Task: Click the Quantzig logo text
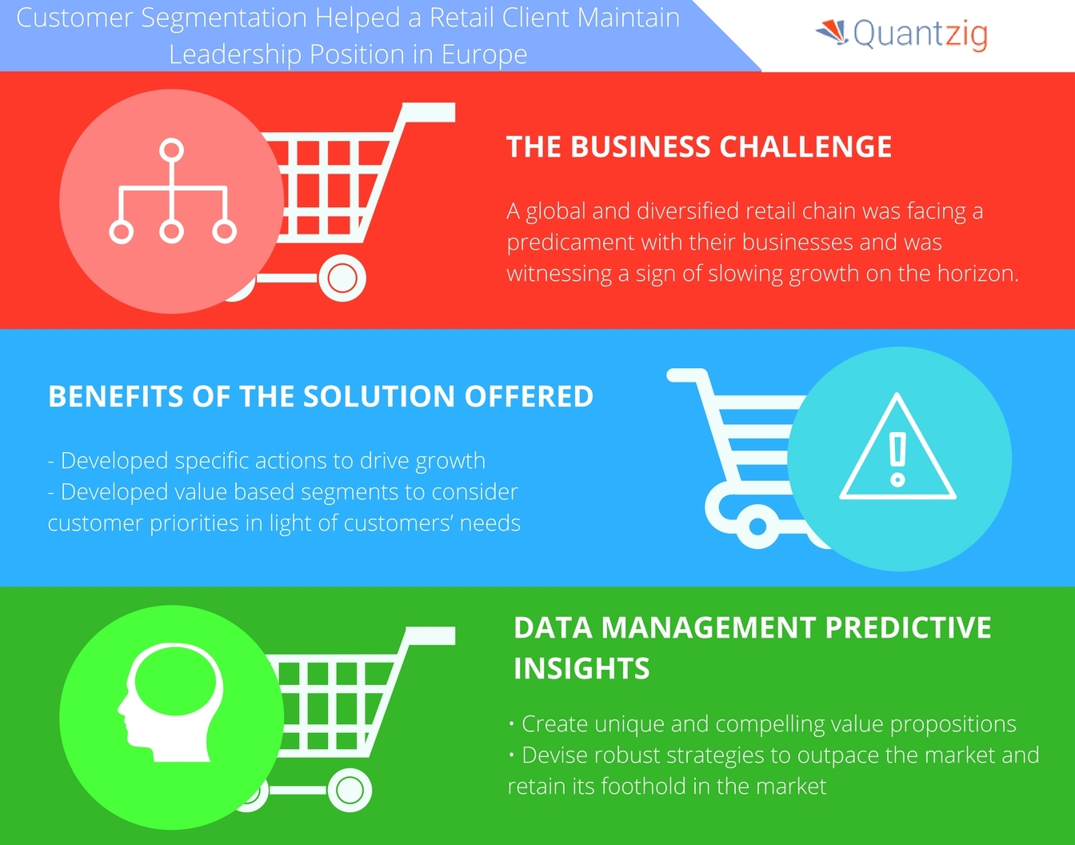[920, 34]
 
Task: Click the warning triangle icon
[897, 450]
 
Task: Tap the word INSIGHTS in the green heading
[581, 668]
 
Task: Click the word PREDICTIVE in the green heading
[908, 627]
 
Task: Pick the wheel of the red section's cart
[342, 278]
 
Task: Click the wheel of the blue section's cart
[756, 527]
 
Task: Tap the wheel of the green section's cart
[349, 791]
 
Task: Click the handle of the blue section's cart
[686, 374]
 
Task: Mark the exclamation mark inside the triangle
[897, 459]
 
